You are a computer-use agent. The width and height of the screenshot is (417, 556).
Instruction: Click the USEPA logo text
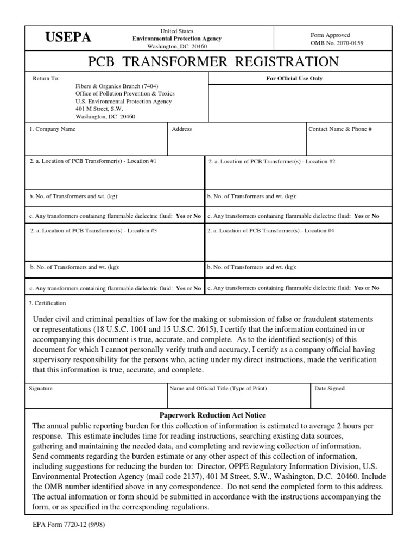pos(68,37)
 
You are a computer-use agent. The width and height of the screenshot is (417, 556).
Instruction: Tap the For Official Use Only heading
pos(294,78)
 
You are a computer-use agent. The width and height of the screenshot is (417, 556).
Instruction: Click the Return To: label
pos(46,78)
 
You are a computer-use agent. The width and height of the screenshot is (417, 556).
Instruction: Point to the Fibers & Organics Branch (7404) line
pos(113,86)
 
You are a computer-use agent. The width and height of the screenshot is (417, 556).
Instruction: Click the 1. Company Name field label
pos(53,129)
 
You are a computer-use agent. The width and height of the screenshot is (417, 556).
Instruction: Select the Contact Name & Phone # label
pos(340,129)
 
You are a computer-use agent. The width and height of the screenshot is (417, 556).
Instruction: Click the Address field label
pos(182,129)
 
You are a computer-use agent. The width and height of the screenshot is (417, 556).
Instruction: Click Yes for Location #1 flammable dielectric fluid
pos(181,216)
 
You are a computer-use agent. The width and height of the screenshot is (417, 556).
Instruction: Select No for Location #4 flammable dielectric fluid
pos(375,288)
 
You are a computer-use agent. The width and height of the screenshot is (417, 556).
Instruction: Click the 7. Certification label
pos(48,303)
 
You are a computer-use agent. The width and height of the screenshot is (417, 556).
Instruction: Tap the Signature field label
pos(41,389)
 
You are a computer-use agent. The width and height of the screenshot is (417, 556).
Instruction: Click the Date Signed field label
pos(330,389)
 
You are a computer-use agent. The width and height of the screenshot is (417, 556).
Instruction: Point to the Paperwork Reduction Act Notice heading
pos(212,415)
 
